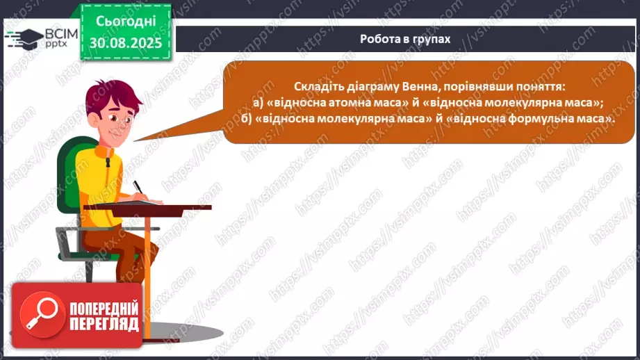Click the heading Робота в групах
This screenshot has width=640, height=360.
405,39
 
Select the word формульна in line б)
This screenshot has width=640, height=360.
543,119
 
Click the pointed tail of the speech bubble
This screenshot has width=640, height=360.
149,136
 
